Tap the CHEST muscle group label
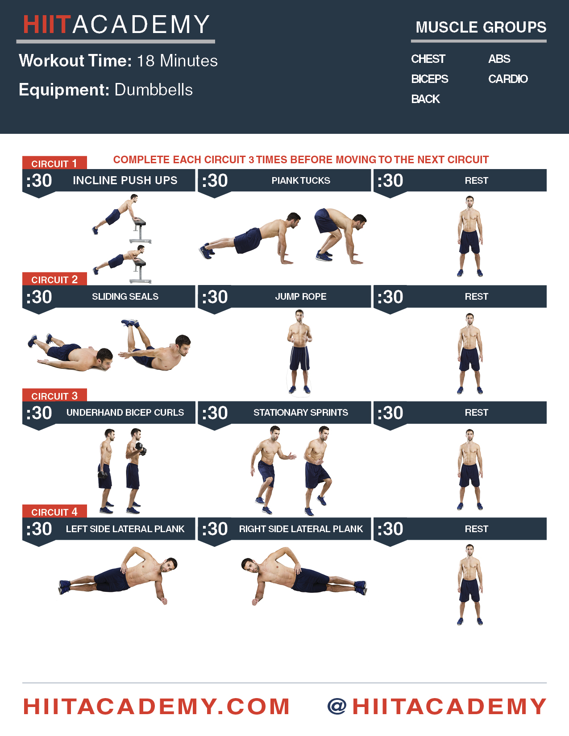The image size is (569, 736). coord(428,59)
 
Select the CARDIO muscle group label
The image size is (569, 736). coord(508,79)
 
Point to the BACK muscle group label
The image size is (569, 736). coord(425,99)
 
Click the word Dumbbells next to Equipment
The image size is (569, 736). coord(154,90)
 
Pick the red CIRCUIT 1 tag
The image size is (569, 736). coord(54,163)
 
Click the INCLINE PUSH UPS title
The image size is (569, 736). coord(125,180)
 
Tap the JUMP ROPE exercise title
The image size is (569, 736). coord(301,296)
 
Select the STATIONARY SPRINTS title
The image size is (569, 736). coord(301,412)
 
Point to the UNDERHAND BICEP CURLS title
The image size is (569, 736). coord(125,412)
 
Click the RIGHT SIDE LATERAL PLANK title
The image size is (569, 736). coord(301,529)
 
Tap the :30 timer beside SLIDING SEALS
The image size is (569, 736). coord(39,297)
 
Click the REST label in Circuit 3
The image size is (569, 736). coord(476,412)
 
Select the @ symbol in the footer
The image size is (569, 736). coord(337,707)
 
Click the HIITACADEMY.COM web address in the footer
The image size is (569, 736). coord(156,707)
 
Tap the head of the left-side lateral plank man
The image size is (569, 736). coord(169,565)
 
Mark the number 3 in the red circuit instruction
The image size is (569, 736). coord(251,160)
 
